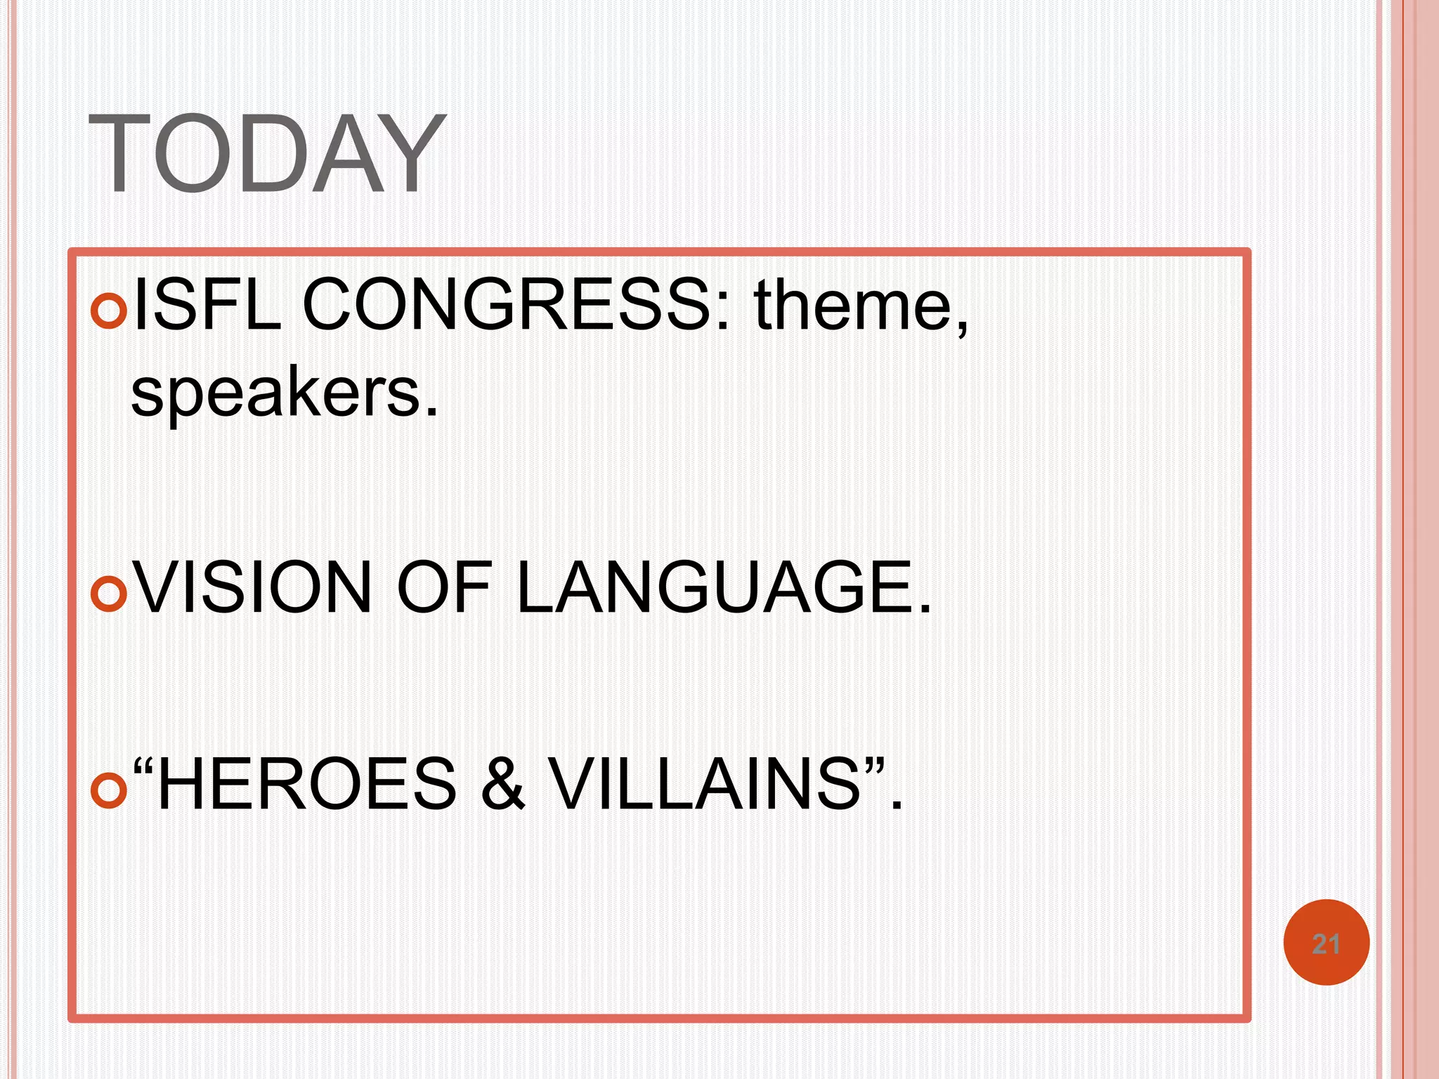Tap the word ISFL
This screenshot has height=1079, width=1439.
[207, 304]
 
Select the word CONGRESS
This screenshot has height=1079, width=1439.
[507, 304]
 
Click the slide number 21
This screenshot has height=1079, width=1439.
[1326, 943]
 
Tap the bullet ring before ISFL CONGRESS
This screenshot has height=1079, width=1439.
[109, 311]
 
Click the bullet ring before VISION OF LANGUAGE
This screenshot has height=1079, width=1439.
[109, 594]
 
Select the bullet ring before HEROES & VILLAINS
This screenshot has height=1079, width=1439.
[109, 790]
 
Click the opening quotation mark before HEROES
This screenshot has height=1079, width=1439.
[143, 766]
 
